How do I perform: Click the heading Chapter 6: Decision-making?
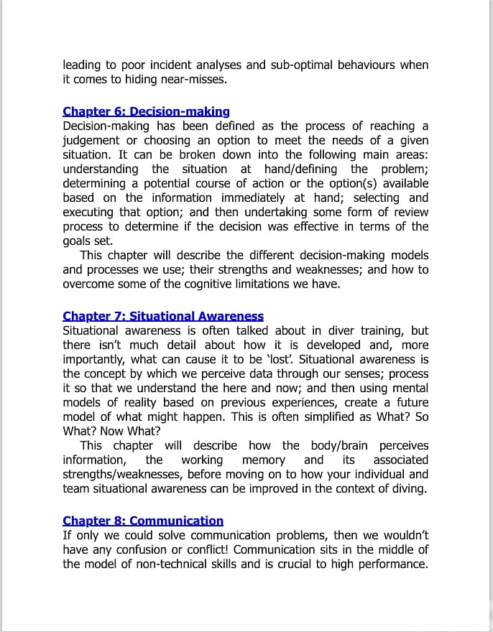click(x=146, y=111)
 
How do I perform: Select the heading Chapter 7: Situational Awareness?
click(x=163, y=316)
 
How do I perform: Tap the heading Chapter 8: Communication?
click(x=143, y=521)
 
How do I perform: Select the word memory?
click(x=264, y=460)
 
